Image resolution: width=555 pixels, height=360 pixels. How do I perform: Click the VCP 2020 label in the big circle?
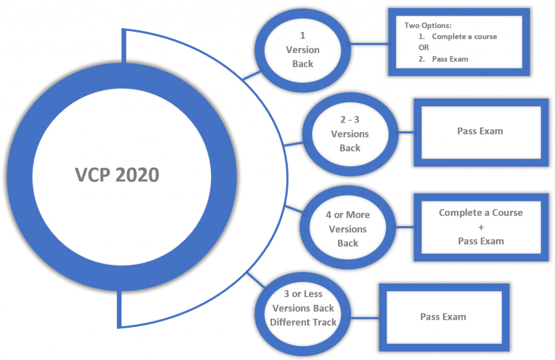point(117,175)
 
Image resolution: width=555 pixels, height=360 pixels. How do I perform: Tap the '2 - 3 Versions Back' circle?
point(350,134)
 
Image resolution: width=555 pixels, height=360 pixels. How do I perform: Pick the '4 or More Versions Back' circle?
point(347,229)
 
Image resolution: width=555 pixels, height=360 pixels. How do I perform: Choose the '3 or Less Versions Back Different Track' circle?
point(303,308)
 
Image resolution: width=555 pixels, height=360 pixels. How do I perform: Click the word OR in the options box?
point(423,48)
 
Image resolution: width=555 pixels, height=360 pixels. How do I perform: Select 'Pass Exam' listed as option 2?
point(450,59)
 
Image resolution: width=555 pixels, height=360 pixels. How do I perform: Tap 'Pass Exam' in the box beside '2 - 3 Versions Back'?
point(480,131)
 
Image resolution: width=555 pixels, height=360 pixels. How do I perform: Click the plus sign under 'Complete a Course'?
point(481,227)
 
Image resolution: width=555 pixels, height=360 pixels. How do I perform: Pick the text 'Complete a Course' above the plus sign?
point(481,213)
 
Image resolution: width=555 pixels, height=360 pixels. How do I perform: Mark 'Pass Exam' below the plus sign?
point(481,241)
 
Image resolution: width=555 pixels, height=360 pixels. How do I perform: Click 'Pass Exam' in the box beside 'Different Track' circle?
point(443,317)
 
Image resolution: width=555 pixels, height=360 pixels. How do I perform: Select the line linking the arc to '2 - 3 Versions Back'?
point(294,144)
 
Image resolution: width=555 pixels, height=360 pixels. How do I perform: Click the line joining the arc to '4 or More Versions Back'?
point(294,210)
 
